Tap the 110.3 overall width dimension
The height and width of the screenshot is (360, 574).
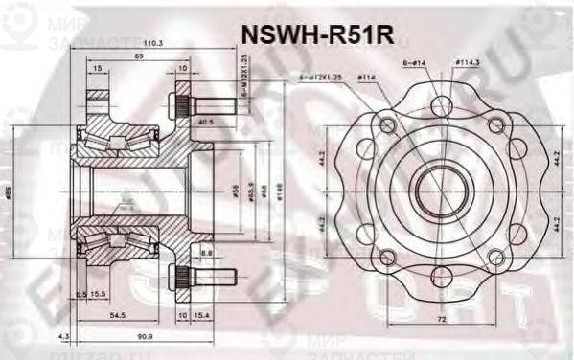152,44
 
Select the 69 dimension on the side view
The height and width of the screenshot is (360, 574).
139,57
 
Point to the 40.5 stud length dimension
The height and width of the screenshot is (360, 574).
204,122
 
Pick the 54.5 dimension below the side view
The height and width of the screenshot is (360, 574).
118,314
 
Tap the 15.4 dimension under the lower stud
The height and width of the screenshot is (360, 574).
202,314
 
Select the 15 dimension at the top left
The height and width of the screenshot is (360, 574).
99,68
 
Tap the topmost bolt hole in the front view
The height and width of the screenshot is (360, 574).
439,106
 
